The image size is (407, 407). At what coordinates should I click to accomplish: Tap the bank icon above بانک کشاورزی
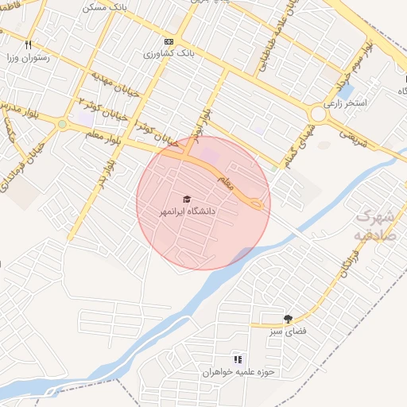click(x=168, y=41)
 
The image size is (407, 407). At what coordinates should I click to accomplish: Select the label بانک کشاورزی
click(x=169, y=53)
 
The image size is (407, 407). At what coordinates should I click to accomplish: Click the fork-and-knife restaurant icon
click(x=29, y=45)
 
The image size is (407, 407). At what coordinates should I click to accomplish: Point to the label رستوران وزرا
click(x=29, y=57)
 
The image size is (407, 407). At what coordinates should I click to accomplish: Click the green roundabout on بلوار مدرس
click(x=62, y=124)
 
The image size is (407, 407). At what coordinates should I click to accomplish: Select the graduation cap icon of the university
click(x=187, y=199)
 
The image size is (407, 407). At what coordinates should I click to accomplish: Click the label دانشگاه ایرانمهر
click(x=188, y=212)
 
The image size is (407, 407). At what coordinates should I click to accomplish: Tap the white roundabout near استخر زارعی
click(x=320, y=114)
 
